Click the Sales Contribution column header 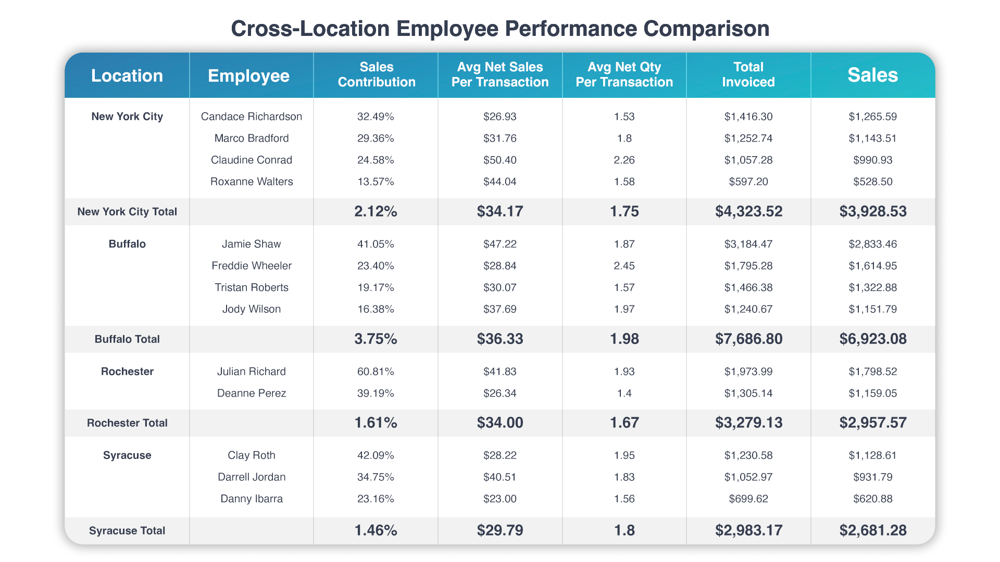point(376,74)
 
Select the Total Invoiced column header point(748,74)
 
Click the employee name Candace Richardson point(251,117)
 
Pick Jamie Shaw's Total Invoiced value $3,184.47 point(748,244)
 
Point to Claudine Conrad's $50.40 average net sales point(499,160)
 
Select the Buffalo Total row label point(127,339)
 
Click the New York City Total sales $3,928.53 point(872,211)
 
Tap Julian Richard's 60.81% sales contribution point(376,372)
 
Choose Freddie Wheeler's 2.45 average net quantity point(624,266)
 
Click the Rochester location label point(127,372)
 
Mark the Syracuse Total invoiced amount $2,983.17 point(748,530)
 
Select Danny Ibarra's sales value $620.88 point(872,499)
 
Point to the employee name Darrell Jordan point(251,477)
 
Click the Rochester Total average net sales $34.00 point(499,423)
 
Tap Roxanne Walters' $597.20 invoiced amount point(748,182)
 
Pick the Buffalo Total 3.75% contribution point(376,339)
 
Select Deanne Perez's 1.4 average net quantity point(624,393)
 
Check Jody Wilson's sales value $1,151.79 point(872,309)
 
